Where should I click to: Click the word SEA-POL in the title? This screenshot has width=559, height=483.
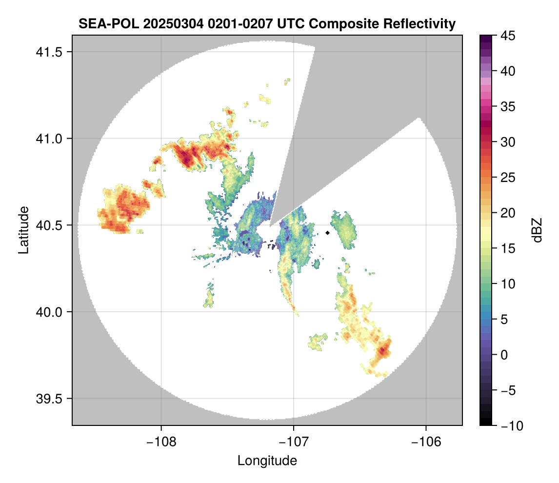[101, 23]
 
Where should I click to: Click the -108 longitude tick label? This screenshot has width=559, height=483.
[161, 442]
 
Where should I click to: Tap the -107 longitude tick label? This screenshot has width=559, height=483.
[294, 442]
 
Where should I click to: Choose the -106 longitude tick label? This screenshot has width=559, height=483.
[426, 442]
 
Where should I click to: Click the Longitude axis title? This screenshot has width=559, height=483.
[267, 461]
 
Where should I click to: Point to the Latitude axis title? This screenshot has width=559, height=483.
[23, 229]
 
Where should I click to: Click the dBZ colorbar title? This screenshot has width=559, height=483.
[537, 230]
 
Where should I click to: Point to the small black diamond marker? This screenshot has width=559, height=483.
[328, 233]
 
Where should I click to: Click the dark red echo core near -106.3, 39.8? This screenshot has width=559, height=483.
[383, 350]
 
